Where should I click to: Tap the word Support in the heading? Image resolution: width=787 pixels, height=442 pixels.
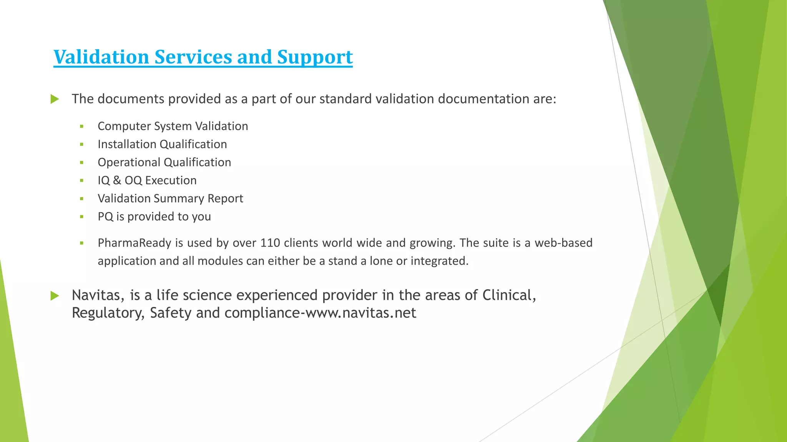(x=315, y=57)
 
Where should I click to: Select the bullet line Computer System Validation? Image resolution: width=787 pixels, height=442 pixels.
(x=173, y=126)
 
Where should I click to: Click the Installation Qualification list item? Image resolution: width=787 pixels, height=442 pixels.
(x=162, y=144)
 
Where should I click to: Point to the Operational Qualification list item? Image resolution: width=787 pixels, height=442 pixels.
(x=164, y=162)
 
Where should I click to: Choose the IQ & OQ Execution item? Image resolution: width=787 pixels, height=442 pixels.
(x=147, y=180)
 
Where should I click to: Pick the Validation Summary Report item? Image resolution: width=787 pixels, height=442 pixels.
(x=170, y=198)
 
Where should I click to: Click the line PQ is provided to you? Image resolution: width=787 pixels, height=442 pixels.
(x=154, y=216)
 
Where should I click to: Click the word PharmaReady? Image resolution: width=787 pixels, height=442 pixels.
(x=134, y=243)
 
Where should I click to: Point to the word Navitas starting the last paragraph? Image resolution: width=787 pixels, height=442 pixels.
(x=98, y=295)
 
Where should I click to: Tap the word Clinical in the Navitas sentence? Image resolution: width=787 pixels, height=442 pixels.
(x=509, y=295)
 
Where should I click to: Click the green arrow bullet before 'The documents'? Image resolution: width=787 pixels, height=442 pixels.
(x=55, y=99)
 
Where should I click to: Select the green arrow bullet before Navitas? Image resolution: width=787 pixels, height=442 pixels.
(x=55, y=295)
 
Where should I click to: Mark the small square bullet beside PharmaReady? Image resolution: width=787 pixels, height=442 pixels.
(x=81, y=243)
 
